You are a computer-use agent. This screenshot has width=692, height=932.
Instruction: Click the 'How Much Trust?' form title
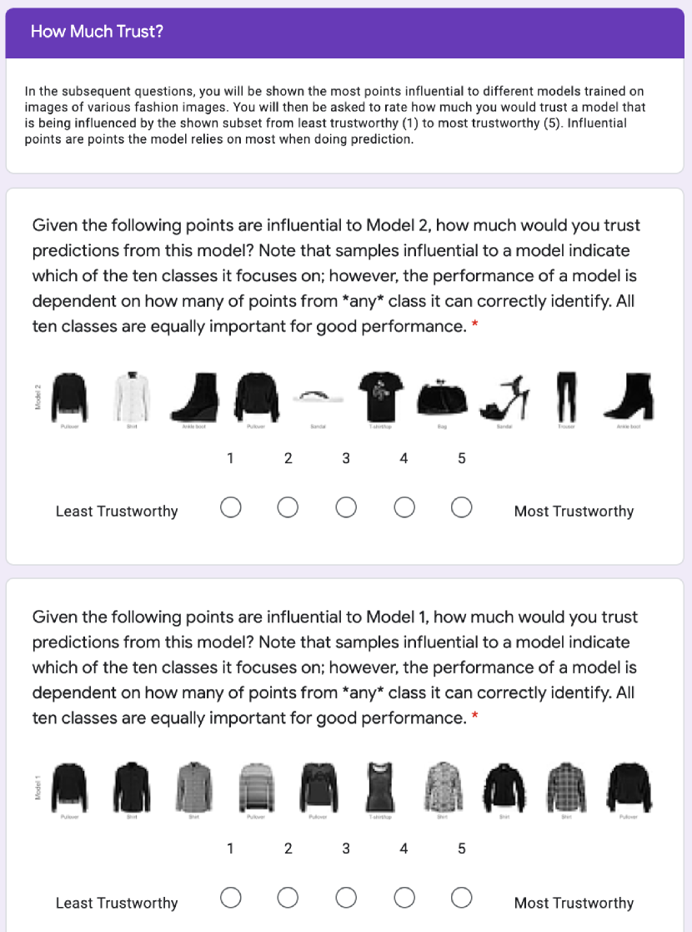point(97,32)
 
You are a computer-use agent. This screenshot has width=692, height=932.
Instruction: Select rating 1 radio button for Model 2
point(231,507)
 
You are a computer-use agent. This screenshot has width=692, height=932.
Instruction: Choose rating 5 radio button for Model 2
point(462,507)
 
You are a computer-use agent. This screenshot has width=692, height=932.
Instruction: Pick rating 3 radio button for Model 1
point(346,898)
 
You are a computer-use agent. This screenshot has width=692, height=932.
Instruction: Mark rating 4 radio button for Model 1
point(404,898)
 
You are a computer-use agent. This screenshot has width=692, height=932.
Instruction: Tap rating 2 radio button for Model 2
point(288,507)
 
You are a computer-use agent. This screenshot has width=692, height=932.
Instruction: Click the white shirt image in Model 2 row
point(131,396)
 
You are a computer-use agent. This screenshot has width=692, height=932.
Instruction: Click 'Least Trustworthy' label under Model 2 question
point(117,511)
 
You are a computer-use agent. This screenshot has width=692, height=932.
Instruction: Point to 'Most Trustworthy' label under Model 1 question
point(574,903)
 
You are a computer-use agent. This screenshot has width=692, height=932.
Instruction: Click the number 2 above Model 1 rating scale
point(288,849)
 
